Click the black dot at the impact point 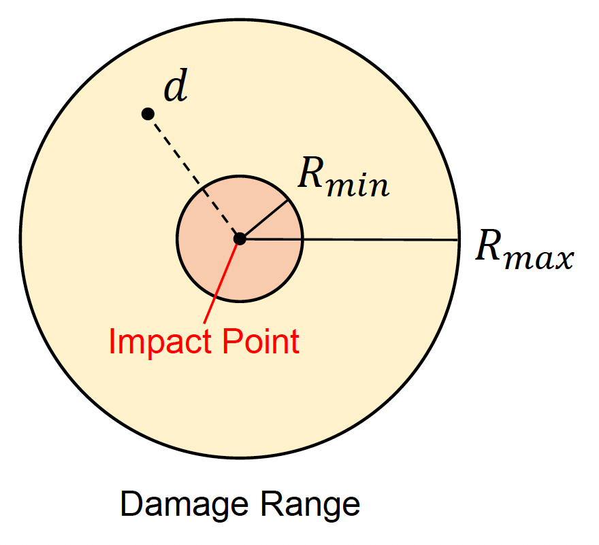click(x=240, y=239)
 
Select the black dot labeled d click(x=147, y=113)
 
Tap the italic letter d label click(x=176, y=89)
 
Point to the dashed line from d click(x=193, y=175)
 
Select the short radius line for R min click(x=265, y=219)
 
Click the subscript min click(x=359, y=185)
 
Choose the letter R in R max click(x=491, y=247)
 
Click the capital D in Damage click(x=129, y=504)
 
